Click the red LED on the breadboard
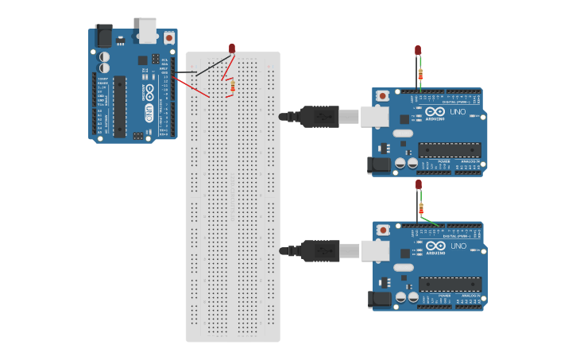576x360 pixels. pyautogui.click(x=232, y=48)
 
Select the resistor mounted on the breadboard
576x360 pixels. pyautogui.click(x=231, y=87)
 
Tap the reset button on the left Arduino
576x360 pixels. pyautogui.click(x=168, y=37)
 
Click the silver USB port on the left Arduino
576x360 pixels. pyautogui.click(x=147, y=29)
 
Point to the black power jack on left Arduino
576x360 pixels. pyautogui.click(x=103, y=36)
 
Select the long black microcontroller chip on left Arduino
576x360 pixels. pyautogui.click(x=120, y=105)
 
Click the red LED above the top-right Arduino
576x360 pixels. pyautogui.click(x=418, y=50)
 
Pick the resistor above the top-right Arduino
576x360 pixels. pyautogui.click(x=420, y=75)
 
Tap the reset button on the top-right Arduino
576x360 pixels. pyautogui.click(x=383, y=96)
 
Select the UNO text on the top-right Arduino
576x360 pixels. pyautogui.click(x=458, y=112)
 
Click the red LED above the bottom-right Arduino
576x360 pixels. pyautogui.click(x=418, y=184)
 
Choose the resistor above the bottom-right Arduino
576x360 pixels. pyautogui.click(x=420, y=209)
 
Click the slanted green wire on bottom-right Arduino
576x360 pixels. pyautogui.click(x=431, y=220)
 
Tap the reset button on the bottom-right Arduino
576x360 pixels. pyautogui.click(x=383, y=230)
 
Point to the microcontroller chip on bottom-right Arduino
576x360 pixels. pyautogui.click(x=450, y=284)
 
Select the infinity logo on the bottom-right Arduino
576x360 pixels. pyautogui.click(x=435, y=246)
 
